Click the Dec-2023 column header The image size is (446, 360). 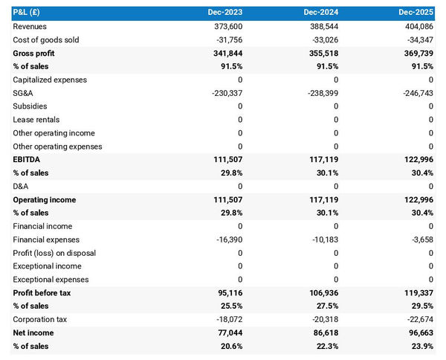click(x=224, y=13)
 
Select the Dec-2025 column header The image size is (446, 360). click(x=415, y=13)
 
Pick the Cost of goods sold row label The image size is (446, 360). click(x=46, y=40)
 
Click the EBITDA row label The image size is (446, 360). click(x=27, y=160)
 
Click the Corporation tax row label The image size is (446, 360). click(x=40, y=319)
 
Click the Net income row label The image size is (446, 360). click(x=34, y=332)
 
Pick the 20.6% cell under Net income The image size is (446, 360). click(x=230, y=346)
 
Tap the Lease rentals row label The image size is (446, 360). click(x=36, y=120)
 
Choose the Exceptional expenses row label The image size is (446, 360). click(x=50, y=280)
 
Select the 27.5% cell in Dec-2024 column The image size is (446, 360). click(x=325, y=306)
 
